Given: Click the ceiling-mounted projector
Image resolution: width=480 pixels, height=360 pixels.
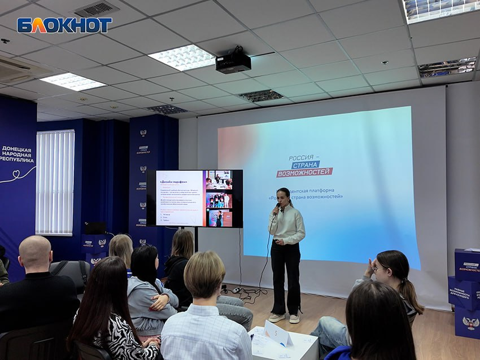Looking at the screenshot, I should point(233,62).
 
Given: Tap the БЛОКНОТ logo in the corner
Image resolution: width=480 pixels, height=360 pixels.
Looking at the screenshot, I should point(64,25).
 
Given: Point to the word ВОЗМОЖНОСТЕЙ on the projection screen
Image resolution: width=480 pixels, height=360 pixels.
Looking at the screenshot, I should point(304,172).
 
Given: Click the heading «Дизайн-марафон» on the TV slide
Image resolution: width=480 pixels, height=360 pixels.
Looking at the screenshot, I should point(173,182).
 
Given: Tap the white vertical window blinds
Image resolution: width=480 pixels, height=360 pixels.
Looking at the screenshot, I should point(55,182).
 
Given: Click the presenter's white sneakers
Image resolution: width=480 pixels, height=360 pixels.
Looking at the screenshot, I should point(285,318).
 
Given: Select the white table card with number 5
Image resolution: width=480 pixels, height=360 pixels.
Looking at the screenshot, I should point(278,333).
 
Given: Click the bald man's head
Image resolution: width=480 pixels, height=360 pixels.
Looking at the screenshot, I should point(35,252).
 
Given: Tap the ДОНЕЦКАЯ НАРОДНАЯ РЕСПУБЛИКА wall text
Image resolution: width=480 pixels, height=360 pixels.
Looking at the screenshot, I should point(17,153).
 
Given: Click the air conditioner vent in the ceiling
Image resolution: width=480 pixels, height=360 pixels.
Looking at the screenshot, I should point(23,71).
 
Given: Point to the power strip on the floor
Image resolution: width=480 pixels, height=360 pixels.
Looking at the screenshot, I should point(235,290).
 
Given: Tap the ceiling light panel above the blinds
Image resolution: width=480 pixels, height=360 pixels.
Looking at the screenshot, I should point(73,82).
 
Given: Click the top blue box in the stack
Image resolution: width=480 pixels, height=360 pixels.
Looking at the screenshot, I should point(467,265).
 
